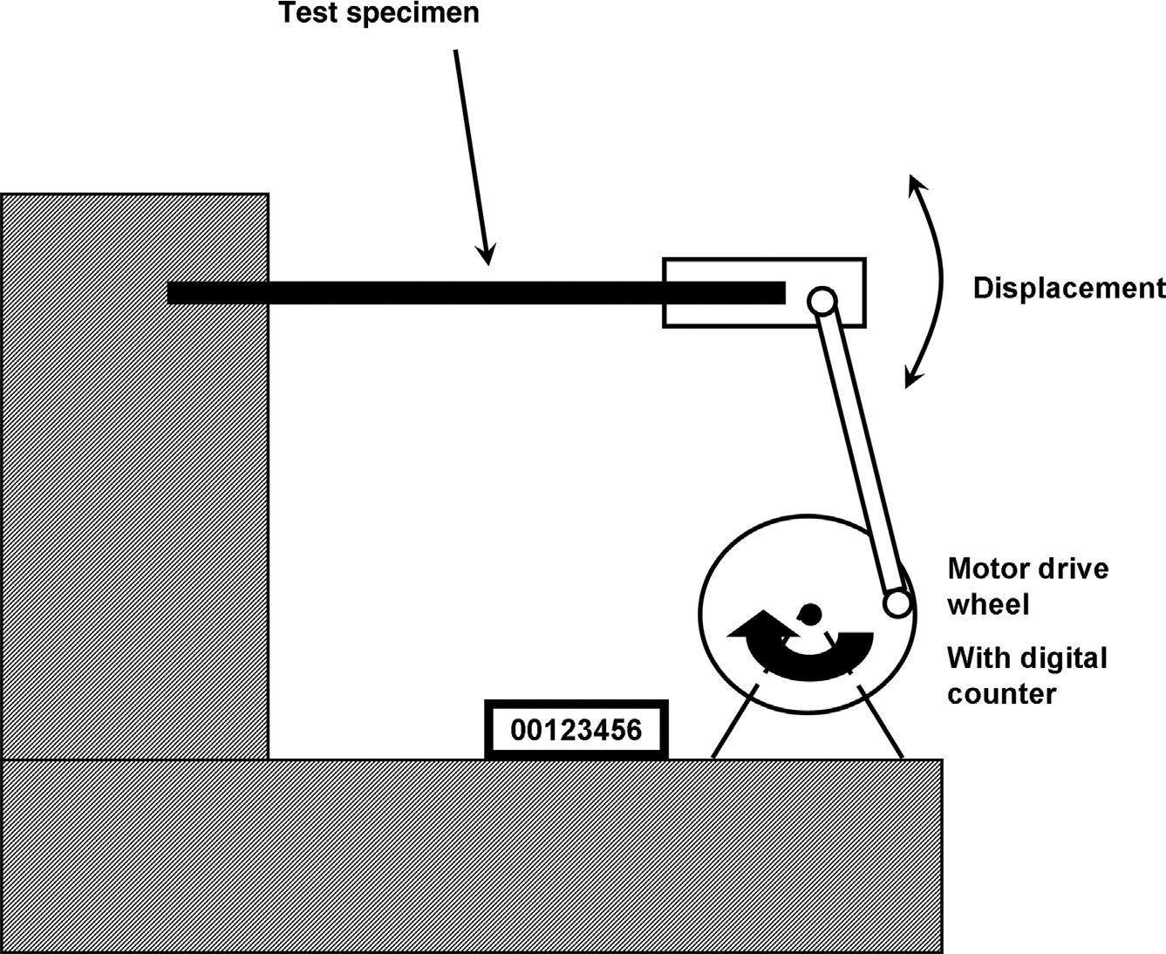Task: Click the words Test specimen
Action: pos(378,13)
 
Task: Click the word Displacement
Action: pos(1069,288)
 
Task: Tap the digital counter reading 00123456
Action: pos(576,729)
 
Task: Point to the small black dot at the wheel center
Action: pos(810,613)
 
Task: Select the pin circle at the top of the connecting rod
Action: pos(822,301)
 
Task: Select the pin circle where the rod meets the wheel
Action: pos(897,603)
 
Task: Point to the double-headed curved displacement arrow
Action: pos(939,279)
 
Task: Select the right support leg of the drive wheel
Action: pos(881,722)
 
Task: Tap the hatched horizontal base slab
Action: pos(471,855)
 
